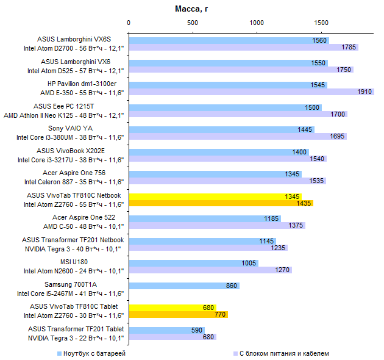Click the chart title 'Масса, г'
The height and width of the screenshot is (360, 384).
[192, 9]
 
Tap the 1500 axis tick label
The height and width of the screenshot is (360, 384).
[321, 23]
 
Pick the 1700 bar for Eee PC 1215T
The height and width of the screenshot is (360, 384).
[238, 114]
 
